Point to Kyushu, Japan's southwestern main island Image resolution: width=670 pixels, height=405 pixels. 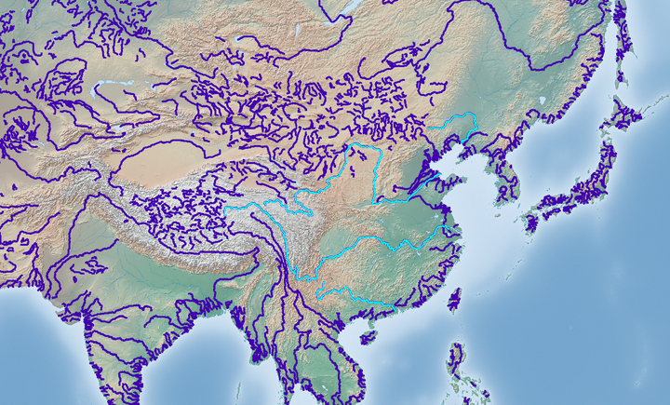tap(533, 222)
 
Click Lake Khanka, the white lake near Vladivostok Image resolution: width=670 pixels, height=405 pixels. tap(541, 100)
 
